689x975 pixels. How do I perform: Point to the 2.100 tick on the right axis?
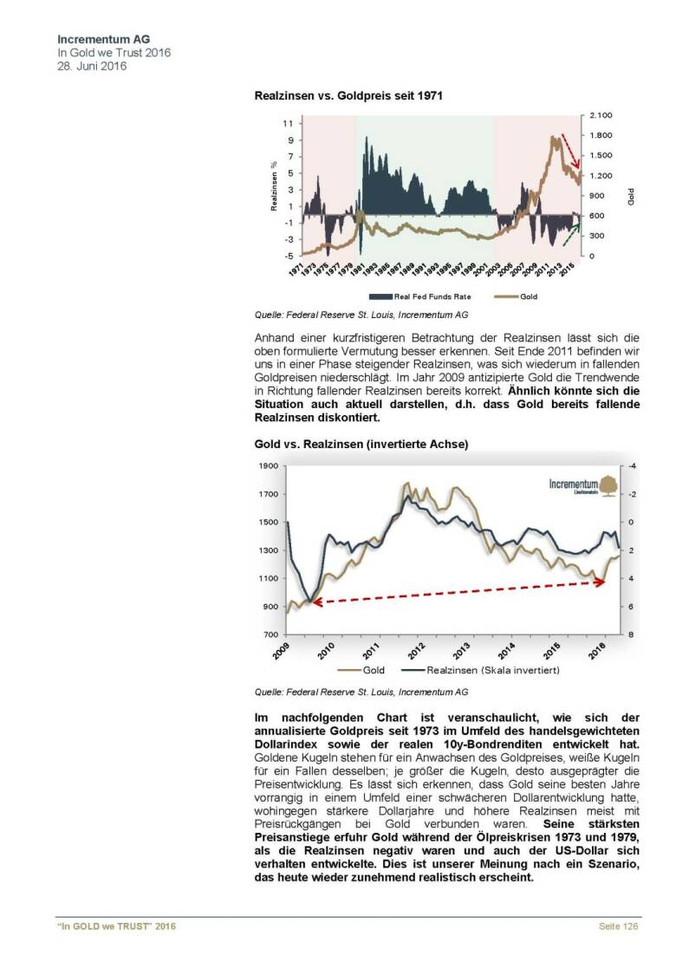(601, 115)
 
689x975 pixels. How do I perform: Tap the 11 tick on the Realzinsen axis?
(287, 123)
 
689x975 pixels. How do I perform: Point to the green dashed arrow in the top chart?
(570, 233)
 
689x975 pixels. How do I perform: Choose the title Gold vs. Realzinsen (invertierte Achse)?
(361, 444)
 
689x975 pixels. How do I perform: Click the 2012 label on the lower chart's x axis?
(416, 650)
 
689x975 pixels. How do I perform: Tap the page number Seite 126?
(619, 927)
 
